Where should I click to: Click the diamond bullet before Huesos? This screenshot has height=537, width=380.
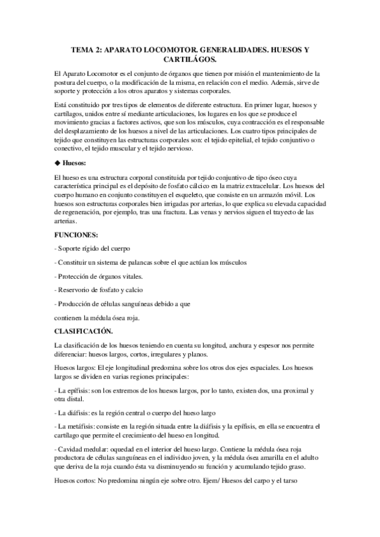tap(58, 162)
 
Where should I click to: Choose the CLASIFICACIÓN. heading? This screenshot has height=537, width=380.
tap(84, 331)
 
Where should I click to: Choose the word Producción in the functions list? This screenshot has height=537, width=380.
tap(79, 304)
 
